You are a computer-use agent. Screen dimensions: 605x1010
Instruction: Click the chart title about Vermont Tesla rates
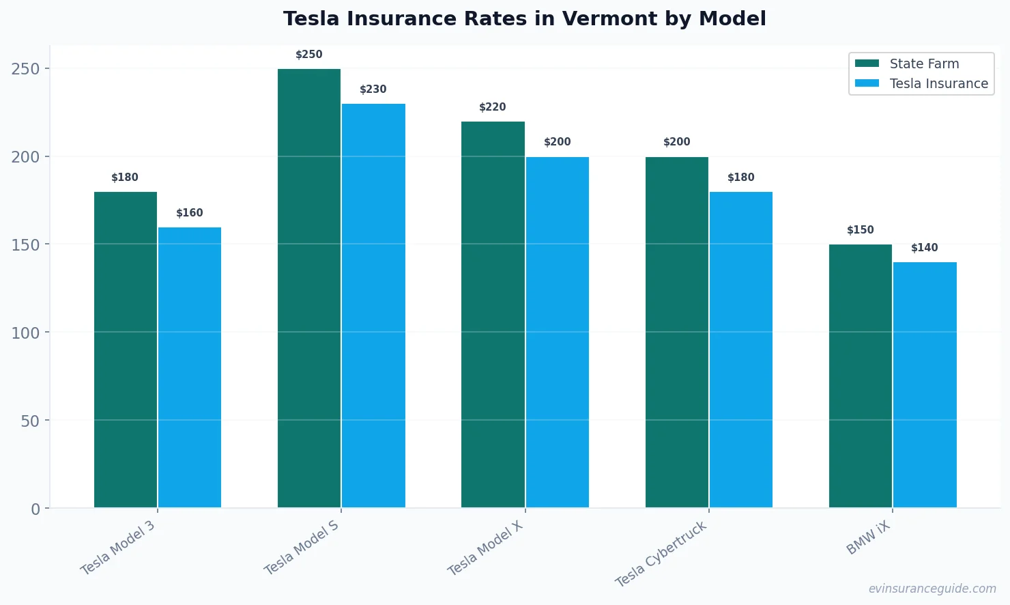pos(524,18)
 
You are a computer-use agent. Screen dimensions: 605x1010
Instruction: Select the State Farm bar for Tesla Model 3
pos(126,350)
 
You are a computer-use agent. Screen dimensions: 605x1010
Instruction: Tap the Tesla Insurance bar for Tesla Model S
pos(373,305)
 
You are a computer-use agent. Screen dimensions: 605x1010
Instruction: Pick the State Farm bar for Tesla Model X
pos(493,314)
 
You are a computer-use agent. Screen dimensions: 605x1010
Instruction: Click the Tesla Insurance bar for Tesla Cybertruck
pos(741,350)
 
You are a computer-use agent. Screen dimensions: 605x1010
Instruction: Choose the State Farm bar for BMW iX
pos(860,376)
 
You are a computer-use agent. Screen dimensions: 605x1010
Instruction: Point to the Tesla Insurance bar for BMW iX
pos(925,384)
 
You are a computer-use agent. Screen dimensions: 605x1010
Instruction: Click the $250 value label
pos(308,55)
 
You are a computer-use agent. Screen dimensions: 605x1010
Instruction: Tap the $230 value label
pos(373,89)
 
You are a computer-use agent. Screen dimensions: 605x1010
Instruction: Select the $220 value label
pos(493,107)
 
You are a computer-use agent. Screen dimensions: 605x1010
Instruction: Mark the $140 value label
pos(925,248)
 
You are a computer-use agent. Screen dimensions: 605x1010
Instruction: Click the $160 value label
pos(190,213)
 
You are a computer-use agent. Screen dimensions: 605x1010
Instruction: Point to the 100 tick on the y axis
pos(25,333)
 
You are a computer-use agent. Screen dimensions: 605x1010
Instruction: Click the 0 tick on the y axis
pos(35,509)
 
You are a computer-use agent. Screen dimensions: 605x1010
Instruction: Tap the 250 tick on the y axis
pos(25,69)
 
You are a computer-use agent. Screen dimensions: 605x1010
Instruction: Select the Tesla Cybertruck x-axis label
pos(661,554)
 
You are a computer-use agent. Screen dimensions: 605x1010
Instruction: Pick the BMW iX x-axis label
pos(868,537)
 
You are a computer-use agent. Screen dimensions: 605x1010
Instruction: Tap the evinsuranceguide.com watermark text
pos(932,589)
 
